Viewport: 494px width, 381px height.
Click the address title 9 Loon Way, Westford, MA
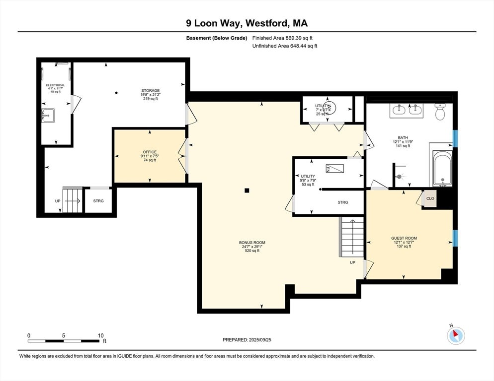point(247,23)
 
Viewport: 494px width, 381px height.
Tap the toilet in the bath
point(440,113)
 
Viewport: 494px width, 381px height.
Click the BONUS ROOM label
point(249,243)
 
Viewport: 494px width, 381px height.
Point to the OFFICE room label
point(149,152)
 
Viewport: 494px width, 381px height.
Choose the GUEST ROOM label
point(404,238)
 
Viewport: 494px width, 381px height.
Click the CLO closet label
point(430,199)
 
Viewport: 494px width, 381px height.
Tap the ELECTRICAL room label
point(55,85)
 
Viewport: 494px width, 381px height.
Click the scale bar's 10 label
point(101,336)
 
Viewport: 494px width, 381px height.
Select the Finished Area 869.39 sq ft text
point(282,38)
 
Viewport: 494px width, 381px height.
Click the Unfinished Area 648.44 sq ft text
point(284,46)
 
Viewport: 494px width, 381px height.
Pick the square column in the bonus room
point(247,190)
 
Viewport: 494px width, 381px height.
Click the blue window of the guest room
point(454,238)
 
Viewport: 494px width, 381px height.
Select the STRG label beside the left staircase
point(98,201)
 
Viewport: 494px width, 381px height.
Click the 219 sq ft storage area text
point(150,99)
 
